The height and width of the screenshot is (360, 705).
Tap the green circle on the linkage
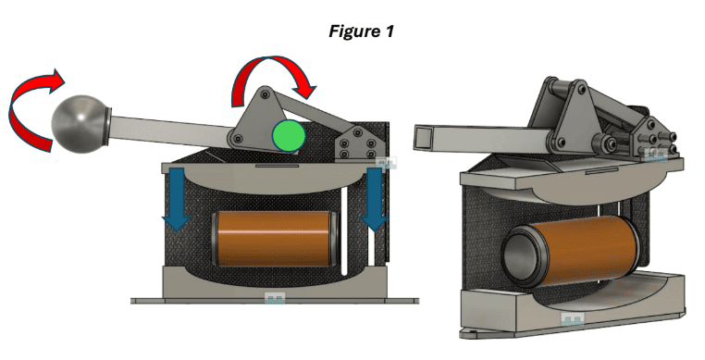click(x=289, y=136)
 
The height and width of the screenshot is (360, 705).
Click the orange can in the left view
click(x=273, y=239)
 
